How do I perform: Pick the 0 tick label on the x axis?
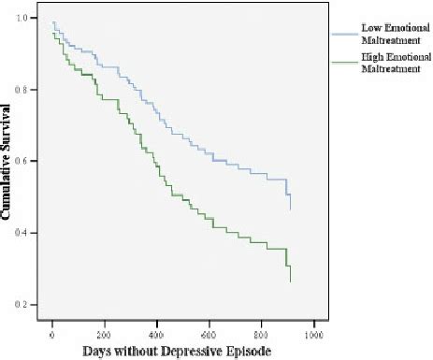[x=52, y=332]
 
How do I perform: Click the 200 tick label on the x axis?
[x=105, y=332]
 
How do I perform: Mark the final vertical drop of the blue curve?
[x=290, y=198]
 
